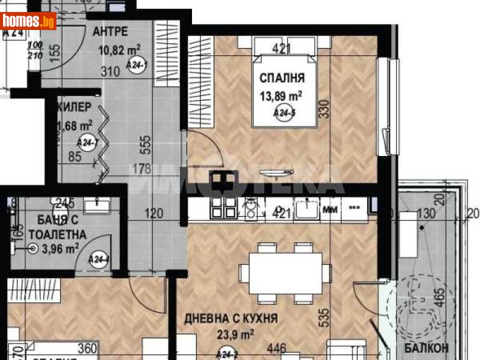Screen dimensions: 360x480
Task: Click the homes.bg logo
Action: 28,21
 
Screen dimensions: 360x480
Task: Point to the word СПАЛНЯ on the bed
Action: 282,77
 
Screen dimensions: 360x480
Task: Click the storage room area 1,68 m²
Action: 76,125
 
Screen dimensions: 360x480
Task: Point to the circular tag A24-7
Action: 88,143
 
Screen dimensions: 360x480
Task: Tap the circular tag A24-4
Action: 98,260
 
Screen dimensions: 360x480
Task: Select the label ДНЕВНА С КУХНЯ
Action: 231,318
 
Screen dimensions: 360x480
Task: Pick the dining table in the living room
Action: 286,274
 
